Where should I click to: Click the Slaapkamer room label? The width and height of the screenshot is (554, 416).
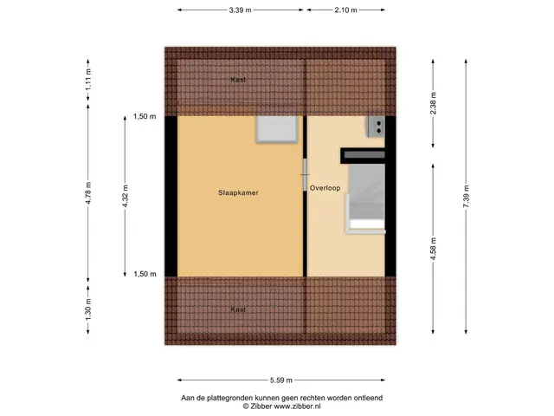pos(238,192)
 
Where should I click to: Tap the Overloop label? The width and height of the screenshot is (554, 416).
pos(325,188)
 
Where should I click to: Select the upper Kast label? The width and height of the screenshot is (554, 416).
pos(238,80)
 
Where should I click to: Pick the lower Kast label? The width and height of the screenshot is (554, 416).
pos(238,309)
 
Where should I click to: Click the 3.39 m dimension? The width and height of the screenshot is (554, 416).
pos(241,10)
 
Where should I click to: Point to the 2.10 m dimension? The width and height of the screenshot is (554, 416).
pos(346,10)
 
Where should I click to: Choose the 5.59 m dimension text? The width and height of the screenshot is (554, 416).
pos(281,380)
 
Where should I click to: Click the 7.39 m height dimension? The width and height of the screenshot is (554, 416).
pos(466,196)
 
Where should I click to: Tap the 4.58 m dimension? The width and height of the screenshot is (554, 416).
pos(433,249)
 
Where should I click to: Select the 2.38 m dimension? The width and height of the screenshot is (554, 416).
pos(433,103)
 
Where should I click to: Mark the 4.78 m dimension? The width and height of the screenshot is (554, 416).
pos(88,192)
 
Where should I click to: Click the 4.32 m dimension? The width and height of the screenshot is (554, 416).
pos(125,196)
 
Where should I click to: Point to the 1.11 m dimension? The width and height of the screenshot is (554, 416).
pos(88,79)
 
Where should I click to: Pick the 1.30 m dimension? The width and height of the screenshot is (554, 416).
pos(88,309)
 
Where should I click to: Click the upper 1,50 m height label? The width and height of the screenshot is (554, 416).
pos(145,116)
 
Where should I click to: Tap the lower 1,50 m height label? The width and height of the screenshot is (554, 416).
pos(145,274)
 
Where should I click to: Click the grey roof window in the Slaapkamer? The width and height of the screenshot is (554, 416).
pos(277,129)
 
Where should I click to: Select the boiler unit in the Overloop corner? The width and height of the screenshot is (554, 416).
pos(376,127)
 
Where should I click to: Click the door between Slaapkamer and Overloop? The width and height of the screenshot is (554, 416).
pos(305,175)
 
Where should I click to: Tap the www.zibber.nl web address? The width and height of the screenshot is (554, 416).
pos(298,406)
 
